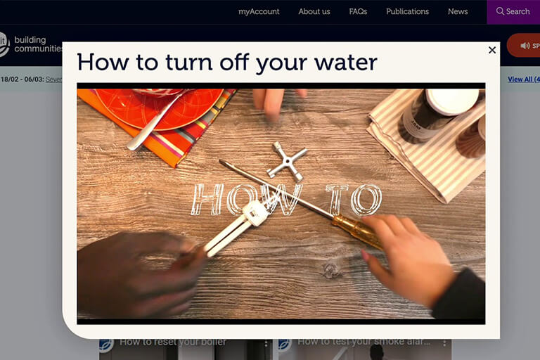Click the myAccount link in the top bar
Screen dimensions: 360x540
tap(259, 11)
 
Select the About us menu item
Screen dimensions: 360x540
tap(314, 11)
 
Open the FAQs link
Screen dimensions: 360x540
tap(358, 11)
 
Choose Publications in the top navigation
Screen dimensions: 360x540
tap(407, 11)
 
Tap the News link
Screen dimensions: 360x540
tap(458, 11)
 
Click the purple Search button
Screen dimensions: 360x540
tap(513, 11)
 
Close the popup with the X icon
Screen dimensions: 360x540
tap(492, 50)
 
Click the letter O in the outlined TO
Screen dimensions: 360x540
tap(366, 200)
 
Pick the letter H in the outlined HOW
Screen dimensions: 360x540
tap(207, 200)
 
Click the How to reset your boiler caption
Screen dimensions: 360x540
tap(172, 342)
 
